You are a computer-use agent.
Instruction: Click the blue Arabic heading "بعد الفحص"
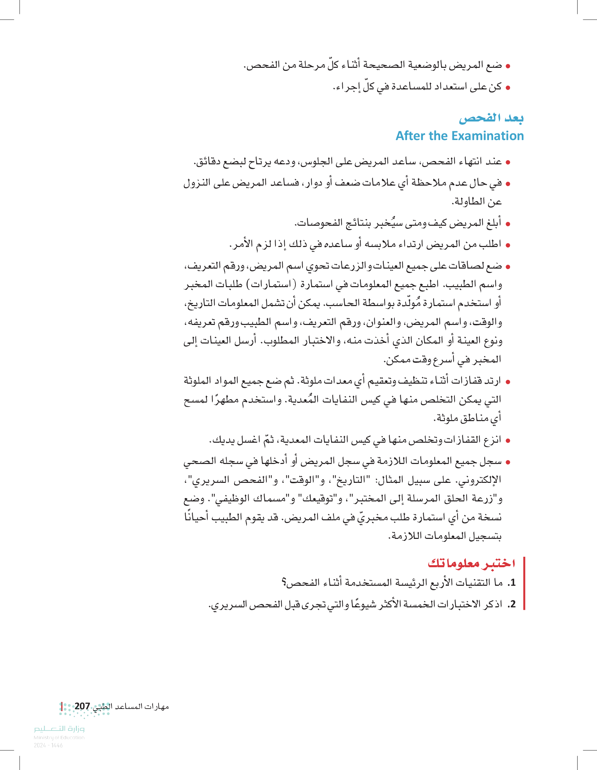coord(491,118)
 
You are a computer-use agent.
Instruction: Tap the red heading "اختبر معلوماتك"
coord(471,563)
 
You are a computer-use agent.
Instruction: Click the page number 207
coord(82,706)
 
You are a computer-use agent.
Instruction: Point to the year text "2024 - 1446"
coord(48,745)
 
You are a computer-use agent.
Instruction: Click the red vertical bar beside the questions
coord(524,583)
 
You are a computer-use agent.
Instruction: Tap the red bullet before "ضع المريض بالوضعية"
coord(508,66)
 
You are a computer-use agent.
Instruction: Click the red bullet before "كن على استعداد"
coord(508,88)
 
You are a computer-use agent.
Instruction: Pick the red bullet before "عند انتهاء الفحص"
coord(508,163)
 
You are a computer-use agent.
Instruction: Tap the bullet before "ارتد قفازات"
coord(508,382)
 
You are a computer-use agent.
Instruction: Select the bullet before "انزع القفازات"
coord(508,441)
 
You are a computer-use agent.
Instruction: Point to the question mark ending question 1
coord(284,583)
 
